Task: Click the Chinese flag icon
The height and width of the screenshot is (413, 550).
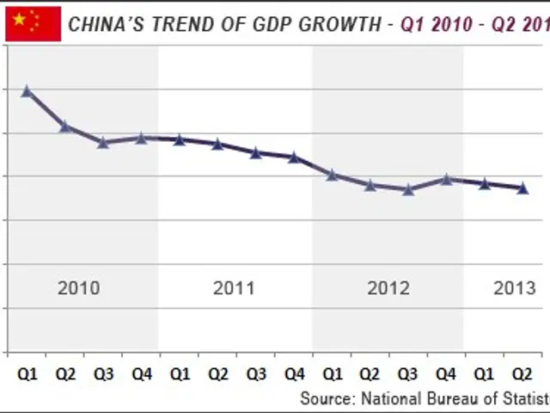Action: click(33, 23)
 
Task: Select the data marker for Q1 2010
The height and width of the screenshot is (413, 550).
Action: click(27, 90)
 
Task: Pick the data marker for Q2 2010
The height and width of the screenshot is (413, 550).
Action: click(65, 126)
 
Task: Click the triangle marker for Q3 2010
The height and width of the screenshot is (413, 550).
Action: click(103, 143)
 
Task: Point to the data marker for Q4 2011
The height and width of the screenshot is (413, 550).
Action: click(294, 157)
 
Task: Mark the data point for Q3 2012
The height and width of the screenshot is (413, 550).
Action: click(408, 189)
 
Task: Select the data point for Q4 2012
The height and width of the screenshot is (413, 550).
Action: click(447, 179)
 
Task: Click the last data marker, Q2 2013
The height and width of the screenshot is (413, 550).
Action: click(522, 188)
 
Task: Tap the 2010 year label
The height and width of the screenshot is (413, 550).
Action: click(78, 288)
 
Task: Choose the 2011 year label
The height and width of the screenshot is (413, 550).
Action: click(234, 288)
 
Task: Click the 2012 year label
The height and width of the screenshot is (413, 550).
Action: click(388, 288)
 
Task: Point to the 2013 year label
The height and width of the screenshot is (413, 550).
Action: click(514, 288)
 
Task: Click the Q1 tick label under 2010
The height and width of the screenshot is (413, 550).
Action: click(27, 374)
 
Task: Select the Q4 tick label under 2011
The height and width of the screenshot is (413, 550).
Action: click(294, 374)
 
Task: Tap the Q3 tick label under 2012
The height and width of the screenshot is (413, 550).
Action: click(408, 374)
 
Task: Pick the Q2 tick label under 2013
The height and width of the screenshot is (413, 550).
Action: click(522, 374)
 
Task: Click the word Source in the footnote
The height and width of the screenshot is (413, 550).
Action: click(327, 398)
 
